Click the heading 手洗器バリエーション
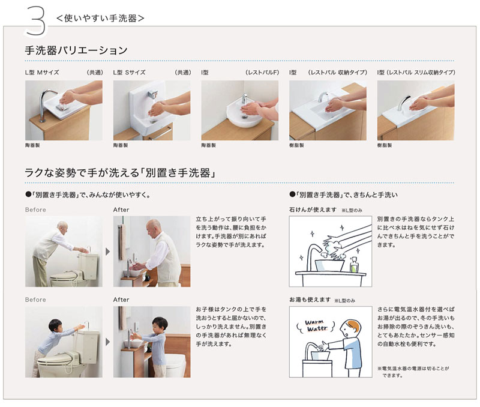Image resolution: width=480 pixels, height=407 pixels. (76, 50)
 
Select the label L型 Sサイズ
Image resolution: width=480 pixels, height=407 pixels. (130, 72)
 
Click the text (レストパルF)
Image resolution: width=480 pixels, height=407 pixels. (262, 72)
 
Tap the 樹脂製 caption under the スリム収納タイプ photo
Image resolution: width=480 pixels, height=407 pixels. (385, 145)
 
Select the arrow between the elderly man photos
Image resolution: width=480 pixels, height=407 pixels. (107, 251)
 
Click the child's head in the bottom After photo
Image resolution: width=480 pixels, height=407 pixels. (160, 324)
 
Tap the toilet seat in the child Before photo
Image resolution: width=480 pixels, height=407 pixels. (57, 363)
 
